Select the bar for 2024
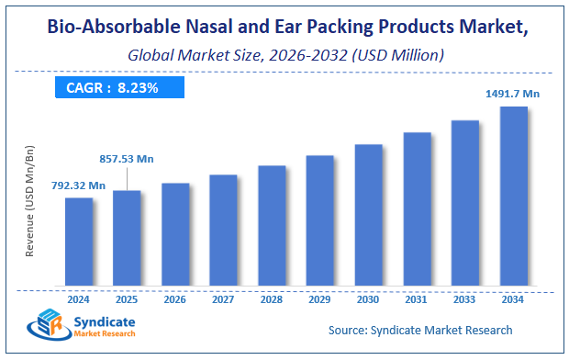[79, 241]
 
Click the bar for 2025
[127, 237]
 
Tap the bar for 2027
[223, 229]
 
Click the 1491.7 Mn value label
[513, 93]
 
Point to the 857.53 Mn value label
[127, 159]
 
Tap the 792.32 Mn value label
[78, 186]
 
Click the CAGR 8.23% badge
[118, 88]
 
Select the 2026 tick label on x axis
[175, 298]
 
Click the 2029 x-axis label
[320, 298]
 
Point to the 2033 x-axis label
[465, 298]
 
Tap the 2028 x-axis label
[272, 298]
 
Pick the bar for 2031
[417, 208]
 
